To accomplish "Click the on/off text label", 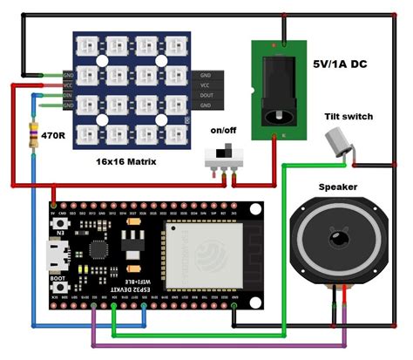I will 223,130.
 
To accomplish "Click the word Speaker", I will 337,187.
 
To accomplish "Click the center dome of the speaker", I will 336,243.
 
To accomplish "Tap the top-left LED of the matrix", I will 90,45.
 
